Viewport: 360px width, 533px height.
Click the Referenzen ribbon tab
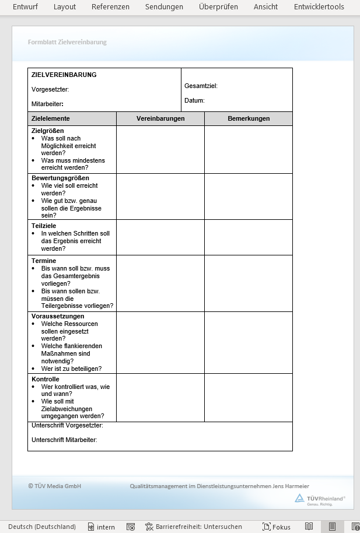pyautogui.click(x=110, y=7)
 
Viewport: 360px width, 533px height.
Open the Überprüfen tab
pyautogui.click(x=218, y=7)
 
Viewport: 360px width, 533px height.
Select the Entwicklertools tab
pyautogui.click(x=319, y=7)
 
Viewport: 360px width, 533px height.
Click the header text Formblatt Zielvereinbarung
pyautogui.click(x=67, y=42)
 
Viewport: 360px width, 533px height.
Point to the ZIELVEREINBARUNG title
pyautogui.click(x=64, y=75)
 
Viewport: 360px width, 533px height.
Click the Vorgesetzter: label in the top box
pyautogui.click(x=50, y=89)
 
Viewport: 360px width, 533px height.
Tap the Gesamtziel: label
pyautogui.click(x=201, y=86)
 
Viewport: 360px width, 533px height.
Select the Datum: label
pyautogui.click(x=194, y=100)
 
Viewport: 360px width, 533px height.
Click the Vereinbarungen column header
pyautogui.click(x=160, y=118)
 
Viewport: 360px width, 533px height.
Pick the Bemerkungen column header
pyautogui.click(x=249, y=118)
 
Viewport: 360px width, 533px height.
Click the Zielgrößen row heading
pyautogui.click(x=48, y=131)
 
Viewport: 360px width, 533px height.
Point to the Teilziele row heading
pyautogui.click(x=44, y=226)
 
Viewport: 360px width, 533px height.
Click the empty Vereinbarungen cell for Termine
pyautogui.click(x=160, y=283)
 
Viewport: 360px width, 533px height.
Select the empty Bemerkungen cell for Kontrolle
pyautogui.click(x=249, y=397)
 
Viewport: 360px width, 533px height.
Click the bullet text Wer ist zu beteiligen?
pyautogui.click(x=71, y=369)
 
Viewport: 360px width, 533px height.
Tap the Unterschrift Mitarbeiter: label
pyautogui.click(x=64, y=440)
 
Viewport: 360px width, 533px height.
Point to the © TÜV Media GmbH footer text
pyautogui.click(x=55, y=486)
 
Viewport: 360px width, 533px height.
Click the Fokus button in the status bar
pyautogui.click(x=277, y=527)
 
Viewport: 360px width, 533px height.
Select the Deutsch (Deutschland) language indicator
pyautogui.click(x=42, y=527)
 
